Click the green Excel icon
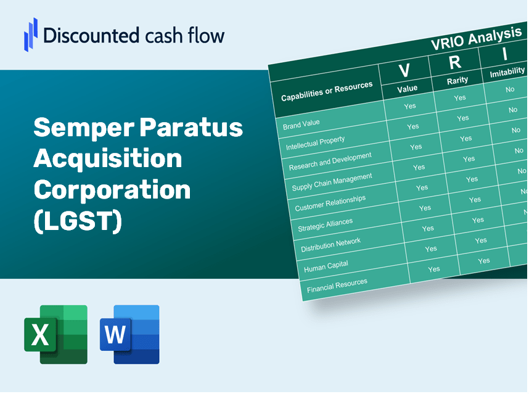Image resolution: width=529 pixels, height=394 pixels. (x=55, y=334)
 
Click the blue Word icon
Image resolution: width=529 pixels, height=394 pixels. (x=129, y=334)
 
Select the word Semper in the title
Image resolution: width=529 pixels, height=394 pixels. (x=82, y=128)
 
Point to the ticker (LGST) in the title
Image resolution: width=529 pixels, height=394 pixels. (x=78, y=221)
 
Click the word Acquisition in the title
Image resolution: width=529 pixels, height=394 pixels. (x=108, y=159)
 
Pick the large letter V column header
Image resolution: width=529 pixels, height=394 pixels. (x=404, y=70)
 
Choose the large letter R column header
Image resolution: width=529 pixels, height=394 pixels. (x=454, y=62)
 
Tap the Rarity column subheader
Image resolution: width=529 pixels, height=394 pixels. (x=457, y=80)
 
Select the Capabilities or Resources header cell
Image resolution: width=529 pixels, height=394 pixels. (x=327, y=92)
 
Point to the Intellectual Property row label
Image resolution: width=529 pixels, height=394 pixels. (x=315, y=143)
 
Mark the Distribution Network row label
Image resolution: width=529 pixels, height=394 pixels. (x=330, y=245)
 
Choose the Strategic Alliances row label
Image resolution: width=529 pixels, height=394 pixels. (x=325, y=224)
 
